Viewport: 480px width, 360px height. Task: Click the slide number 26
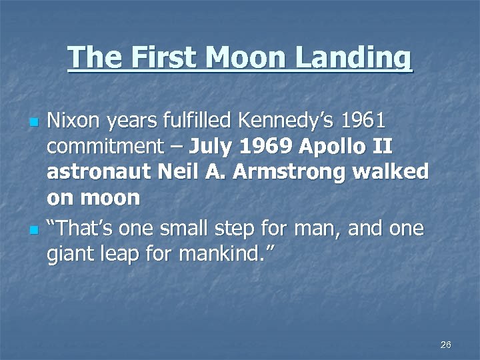pyautogui.click(x=446, y=344)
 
